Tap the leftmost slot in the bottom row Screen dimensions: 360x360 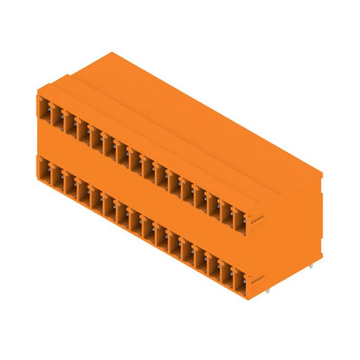(x=44, y=170)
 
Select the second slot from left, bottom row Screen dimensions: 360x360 (x=56, y=177)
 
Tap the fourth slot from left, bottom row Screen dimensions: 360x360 (x=82, y=191)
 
